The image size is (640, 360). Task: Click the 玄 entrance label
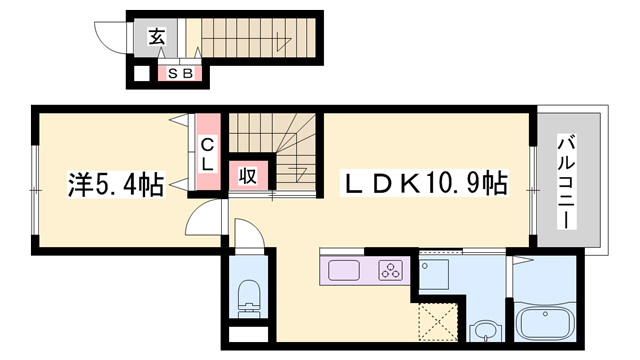pos(157,37)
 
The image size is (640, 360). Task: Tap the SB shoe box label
pos(180,74)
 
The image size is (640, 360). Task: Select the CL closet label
pos(208,154)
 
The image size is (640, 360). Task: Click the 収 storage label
pos(248,176)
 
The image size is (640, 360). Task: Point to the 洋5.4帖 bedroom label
pos(116,184)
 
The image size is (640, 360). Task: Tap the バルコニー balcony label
pos(567,183)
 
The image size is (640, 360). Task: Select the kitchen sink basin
pos(344,270)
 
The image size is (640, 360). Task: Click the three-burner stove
pos(391,270)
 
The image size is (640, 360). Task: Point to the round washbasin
pos(485,331)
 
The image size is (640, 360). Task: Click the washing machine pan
pos(434,274)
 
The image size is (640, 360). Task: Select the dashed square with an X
pos(438,322)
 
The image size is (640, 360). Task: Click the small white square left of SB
pos(142,74)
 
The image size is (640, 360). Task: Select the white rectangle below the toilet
pos(248,334)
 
